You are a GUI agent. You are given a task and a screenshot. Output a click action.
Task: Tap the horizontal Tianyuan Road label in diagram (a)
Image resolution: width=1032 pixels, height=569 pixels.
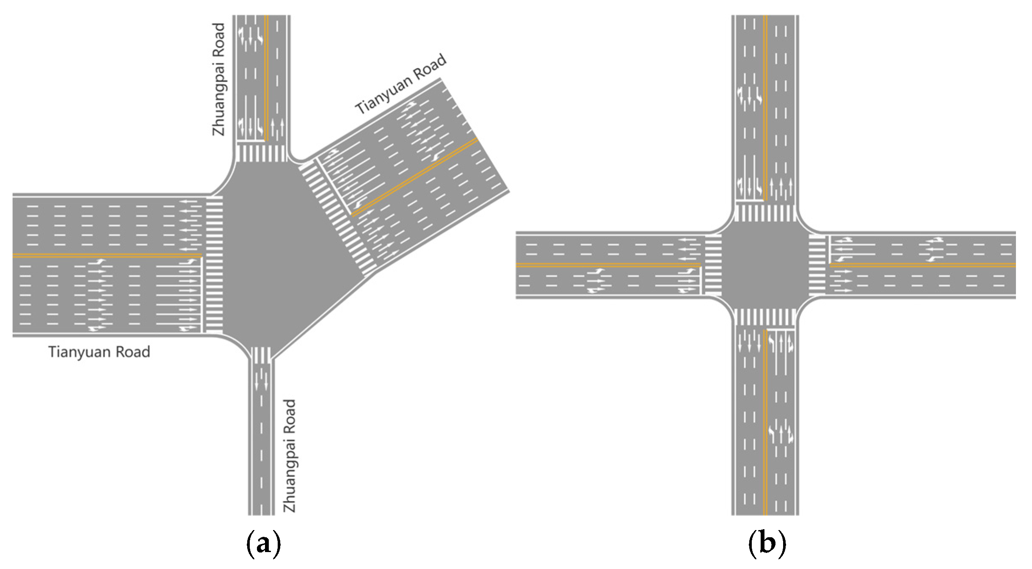click(x=99, y=352)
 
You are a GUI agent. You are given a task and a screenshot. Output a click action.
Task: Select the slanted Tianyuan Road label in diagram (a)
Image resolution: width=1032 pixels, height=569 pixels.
click(x=400, y=84)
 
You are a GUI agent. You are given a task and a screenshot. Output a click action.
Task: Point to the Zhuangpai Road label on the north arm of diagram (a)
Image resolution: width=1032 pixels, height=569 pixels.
click(x=218, y=80)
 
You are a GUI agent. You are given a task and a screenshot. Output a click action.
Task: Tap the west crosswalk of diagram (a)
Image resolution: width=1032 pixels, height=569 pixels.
click(x=214, y=264)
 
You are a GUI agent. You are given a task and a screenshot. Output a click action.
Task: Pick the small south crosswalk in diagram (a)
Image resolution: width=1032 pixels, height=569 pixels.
click(x=263, y=355)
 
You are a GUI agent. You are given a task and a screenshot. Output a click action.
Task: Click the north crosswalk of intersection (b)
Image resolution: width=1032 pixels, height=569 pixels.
click(x=765, y=213)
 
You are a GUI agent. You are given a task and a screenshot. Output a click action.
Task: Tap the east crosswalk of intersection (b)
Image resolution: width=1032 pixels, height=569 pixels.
click(x=817, y=265)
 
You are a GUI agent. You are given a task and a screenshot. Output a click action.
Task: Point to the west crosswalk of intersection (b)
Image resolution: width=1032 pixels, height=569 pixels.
click(x=713, y=265)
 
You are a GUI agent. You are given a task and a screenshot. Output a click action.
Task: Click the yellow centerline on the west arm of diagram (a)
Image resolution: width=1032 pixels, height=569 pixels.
click(x=106, y=256)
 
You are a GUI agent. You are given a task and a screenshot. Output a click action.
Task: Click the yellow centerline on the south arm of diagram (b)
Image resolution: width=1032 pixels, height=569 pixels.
click(x=765, y=423)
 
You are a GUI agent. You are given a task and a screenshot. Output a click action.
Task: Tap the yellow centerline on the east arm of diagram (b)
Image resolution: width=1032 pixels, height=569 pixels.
click(x=923, y=265)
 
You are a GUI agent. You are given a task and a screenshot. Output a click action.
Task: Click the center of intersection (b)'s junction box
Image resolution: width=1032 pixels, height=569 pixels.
click(x=765, y=265)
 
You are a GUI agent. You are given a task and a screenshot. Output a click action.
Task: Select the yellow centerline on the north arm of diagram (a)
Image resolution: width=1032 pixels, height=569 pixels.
click(x=266, y=76)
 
